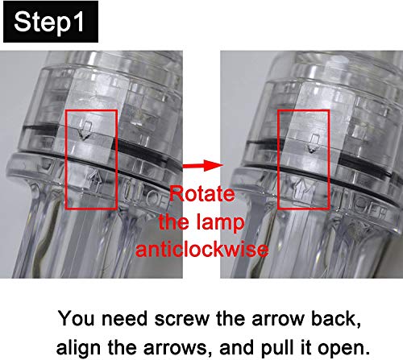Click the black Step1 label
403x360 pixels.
[x=51, y=22]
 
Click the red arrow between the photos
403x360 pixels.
[x=203, y=165]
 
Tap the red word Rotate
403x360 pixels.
[x=202, y=193]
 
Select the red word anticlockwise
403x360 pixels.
[x=202, y=250]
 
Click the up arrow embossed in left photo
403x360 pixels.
[x=94, y=180]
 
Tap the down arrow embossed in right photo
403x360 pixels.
[x=313, y=143]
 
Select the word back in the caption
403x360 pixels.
[x=335, y=319]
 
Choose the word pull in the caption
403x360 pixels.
[x=278, y=347]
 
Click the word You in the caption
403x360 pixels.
[x=77, y=319]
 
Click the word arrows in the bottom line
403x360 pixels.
[x=177, y=348]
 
